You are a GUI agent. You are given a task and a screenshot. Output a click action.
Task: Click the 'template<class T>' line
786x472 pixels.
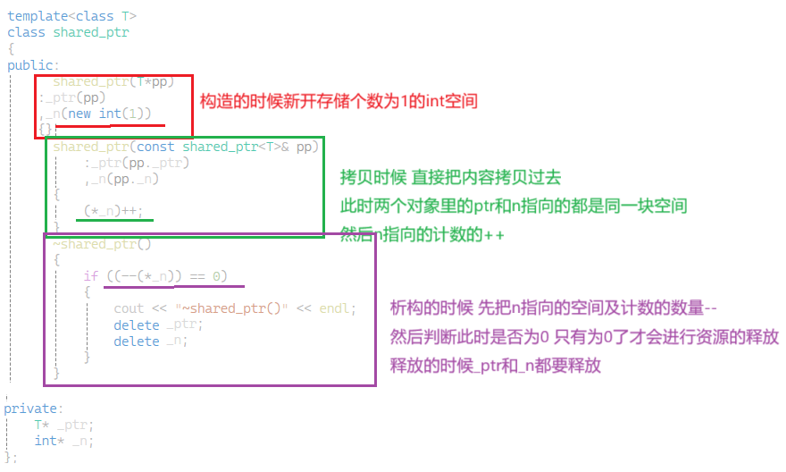pyautogui.click(x=72, y=16)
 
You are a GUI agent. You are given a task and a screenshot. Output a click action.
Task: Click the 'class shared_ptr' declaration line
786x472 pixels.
pyautogui.click(x=68, y=32)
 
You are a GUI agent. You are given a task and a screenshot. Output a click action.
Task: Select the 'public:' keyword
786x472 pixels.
pyautogui.click(x=33, y=65)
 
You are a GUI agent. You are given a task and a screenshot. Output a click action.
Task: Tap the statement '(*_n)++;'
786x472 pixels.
pyautogui.click(x=113, y=212)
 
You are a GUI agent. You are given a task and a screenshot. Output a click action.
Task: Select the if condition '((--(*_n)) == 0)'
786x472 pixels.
pyautogui.click(x=162, y=276)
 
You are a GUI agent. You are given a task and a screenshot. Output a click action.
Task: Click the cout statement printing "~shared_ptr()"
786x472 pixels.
pyautogui.click(x=234, y=308)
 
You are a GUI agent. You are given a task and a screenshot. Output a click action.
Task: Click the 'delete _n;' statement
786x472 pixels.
pyautogui.click(x=151, y=341)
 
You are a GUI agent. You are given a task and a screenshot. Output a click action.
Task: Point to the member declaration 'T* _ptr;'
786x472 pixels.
pyautogui.click(x=63, y=425)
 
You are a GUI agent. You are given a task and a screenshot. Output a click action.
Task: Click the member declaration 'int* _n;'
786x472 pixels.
pyautogui.click(x=63, y=441)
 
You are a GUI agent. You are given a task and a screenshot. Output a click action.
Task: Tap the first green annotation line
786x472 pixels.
pyautogui.click(x=451, y=177)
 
